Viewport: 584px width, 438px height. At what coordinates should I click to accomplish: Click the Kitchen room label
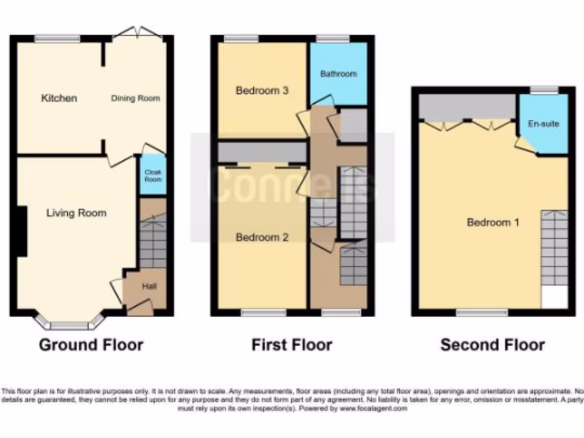[59, 98]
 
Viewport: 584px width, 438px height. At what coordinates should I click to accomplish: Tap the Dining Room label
[135, 98]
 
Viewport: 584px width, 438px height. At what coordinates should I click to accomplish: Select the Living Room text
[76, 213]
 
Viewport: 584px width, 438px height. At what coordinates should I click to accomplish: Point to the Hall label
[149, 286]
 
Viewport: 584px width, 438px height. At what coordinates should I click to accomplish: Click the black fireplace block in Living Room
[22, 230]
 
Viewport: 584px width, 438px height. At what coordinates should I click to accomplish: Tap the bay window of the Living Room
[69, 324]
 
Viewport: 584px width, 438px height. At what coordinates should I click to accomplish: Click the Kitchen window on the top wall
[57, 39]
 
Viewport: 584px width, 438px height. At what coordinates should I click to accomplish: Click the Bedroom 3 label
[262, 90]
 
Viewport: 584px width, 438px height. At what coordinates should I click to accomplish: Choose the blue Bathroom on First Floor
[338, 74]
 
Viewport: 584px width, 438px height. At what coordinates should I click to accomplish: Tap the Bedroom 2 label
[262, 237]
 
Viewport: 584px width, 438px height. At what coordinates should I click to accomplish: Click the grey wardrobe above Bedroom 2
[262, 152]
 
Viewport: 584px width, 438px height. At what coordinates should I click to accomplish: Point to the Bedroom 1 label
[493, 222]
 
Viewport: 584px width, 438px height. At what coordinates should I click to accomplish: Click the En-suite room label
[544, 124]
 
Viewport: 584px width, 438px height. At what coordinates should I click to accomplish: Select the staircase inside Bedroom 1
[554, 248]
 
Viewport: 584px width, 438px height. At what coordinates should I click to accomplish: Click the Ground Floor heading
[91, 344]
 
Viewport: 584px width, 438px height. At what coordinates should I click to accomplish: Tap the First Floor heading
[292, 344]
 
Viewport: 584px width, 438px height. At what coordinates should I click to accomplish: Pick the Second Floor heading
[493, 344]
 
